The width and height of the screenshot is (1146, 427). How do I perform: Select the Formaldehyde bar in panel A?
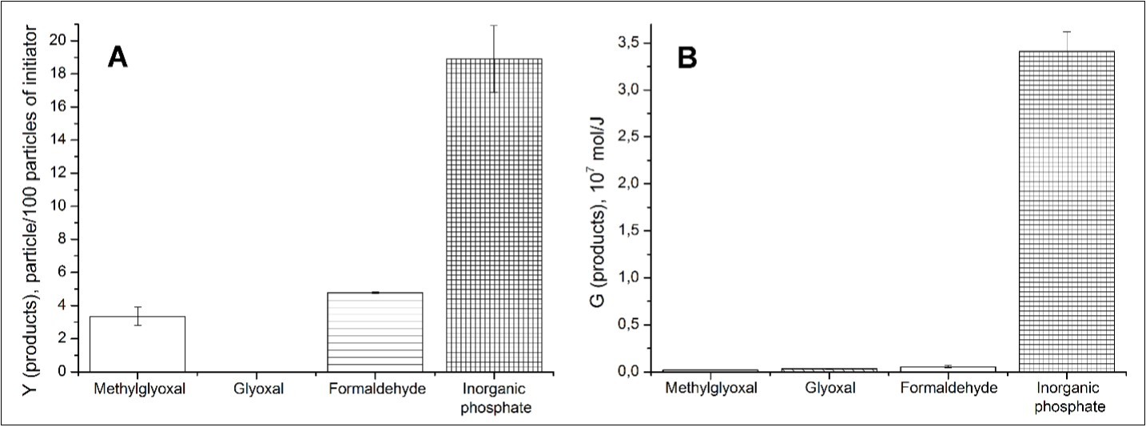pyautogui.click(x=375, y=332)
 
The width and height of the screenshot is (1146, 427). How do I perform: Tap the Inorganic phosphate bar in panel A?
pyautogui.click(x=494, y=216)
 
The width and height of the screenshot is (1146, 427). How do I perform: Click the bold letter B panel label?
pyautogui.click(x=688, y=59)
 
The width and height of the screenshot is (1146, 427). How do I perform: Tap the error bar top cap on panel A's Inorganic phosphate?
pyautogui.click(x=494, y=26)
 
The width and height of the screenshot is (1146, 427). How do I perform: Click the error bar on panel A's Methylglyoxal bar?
pyautogui.click(x=137, y=316)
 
